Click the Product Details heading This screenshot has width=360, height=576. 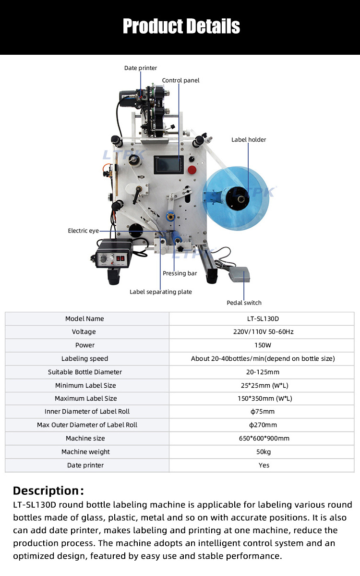(181, 26)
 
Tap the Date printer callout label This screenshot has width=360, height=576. (140, 68)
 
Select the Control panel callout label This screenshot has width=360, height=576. (180, 81)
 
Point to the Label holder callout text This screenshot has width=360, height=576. (249, 140)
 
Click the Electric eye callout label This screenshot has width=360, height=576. (83, 231)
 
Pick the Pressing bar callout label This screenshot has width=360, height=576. (180, 273)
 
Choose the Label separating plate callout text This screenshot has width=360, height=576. (160, 292)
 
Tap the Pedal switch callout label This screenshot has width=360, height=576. (244, 303)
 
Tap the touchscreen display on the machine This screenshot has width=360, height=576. (168, 166)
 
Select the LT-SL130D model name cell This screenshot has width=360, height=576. (264, 319)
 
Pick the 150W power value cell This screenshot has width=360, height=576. (264, 345)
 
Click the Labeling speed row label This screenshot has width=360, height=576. (84, 359)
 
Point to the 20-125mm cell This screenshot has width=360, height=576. (264, 372)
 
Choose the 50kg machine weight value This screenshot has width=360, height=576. (264, 452)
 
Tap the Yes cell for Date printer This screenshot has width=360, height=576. (264, 466)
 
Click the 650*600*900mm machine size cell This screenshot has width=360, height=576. (264, 439)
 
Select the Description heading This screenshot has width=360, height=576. (48, 490)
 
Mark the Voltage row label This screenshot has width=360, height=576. (84, 332)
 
